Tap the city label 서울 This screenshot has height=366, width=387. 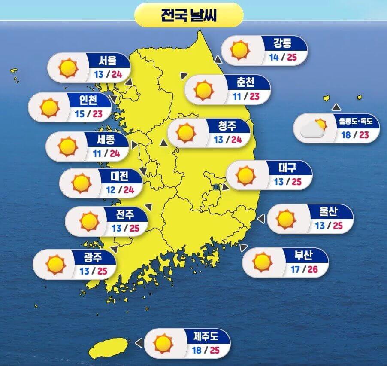(x=107, y=61)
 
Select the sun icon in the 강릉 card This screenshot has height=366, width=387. (x=240, y=50)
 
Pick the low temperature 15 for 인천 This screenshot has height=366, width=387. (x=79, y=114)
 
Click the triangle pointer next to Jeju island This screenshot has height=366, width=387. (x=138, y=342)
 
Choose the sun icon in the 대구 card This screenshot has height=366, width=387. (x=246, y=175)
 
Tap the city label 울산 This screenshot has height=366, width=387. (x=329, y=211)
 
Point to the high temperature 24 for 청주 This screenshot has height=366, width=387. (x=236, y=140)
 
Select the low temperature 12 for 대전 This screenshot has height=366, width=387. (x=111, y=189)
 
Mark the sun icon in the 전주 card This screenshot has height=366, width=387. (x=90, y=221)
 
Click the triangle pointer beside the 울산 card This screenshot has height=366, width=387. (x=260, y=219)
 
